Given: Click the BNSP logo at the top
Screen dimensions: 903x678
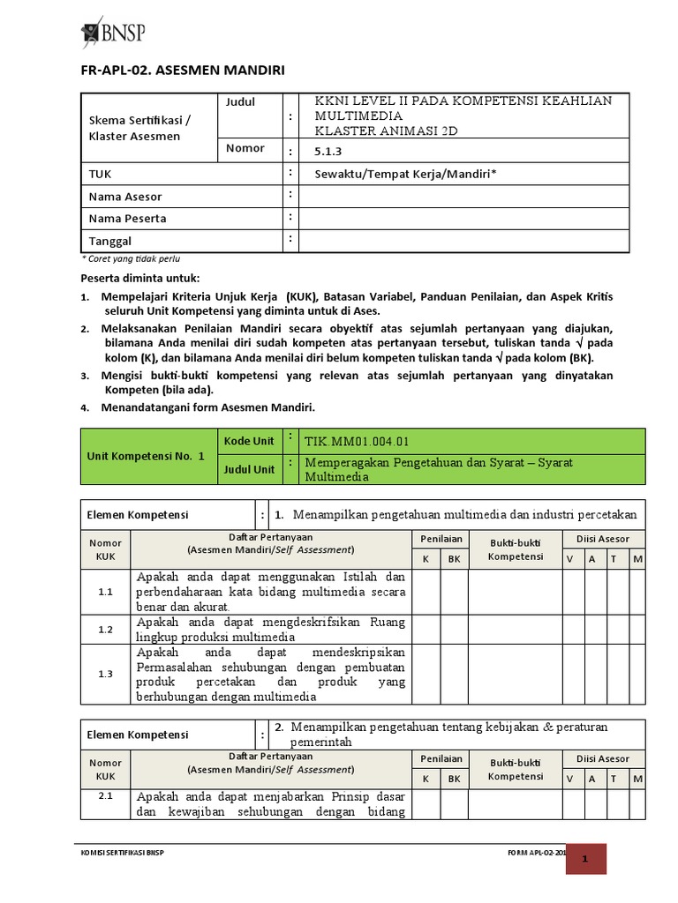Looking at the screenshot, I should tap(112, 32).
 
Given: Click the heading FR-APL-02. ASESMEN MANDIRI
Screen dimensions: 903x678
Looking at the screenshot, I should tap(182, 70).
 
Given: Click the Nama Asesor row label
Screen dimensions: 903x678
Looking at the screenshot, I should tap(125, 197).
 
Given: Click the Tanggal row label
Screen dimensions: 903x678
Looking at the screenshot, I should tap(110, 241).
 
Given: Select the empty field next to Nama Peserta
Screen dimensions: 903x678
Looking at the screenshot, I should tap(464, 219).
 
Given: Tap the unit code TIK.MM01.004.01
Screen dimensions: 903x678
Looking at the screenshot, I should tap(356, 442).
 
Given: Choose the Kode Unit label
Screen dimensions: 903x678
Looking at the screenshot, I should tap(250, 441).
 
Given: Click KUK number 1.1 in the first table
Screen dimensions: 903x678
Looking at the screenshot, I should tap(105, 592).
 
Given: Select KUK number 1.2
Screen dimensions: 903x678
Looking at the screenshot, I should tap(105, 630).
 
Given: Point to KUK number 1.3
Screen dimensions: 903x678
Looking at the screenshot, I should tap(105, 674).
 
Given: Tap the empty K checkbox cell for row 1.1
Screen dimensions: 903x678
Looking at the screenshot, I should tap(426, 592).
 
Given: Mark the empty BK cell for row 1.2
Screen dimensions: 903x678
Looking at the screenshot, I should tap(454, 630).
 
